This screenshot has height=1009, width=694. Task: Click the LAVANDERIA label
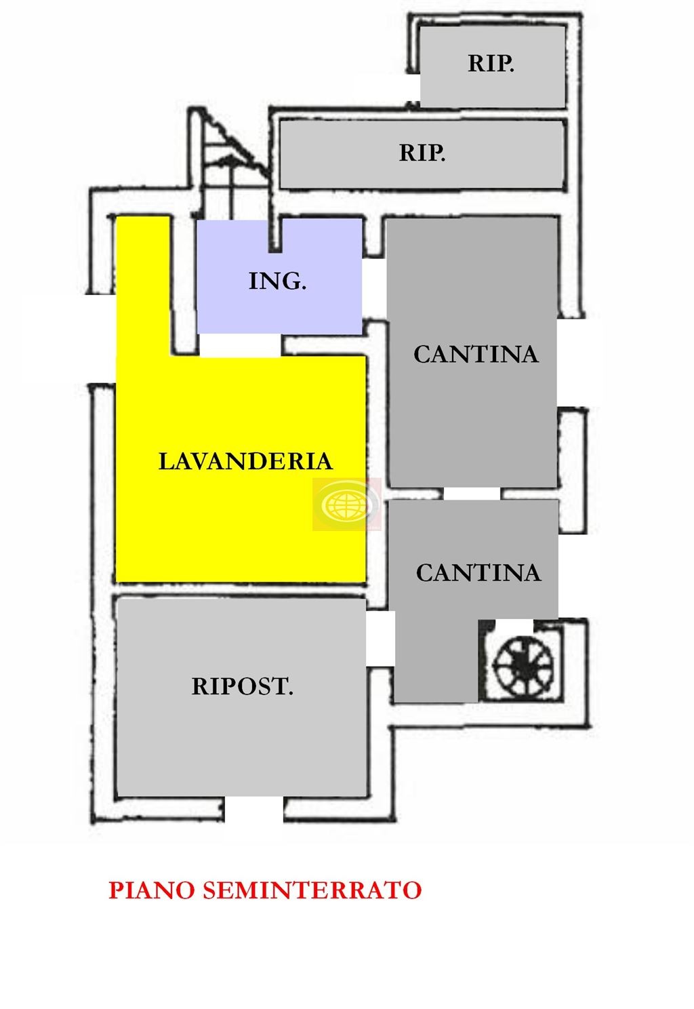tap(246, 461)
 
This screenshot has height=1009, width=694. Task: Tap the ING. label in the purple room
tap(278, 281)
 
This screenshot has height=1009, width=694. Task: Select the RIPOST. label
tap(242, 686)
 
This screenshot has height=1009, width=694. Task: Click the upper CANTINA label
tap(476, 354)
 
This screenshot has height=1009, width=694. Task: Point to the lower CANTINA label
tap(478, 573)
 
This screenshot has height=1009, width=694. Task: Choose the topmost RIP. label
tap(491, 63)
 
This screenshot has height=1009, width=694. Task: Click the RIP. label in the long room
tap(422, 153)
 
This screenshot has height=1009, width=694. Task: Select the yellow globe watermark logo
tap(347, 504)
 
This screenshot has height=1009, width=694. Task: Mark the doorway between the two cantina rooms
tap(472, 494)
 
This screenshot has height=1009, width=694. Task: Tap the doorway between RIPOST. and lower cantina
tap(380, 639)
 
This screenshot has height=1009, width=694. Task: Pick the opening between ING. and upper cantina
tap(375, 288)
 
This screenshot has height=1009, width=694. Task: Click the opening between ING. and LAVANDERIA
tap(240, 345)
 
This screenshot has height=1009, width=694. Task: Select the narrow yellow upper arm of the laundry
tap(144, 285)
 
